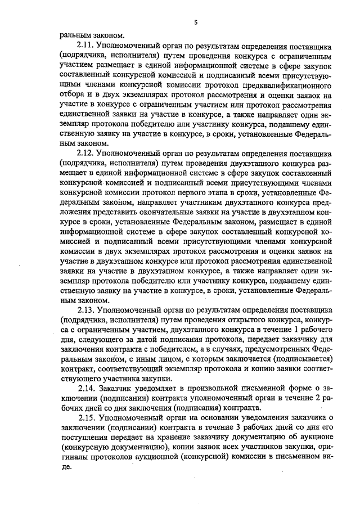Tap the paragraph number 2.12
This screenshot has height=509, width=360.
(x=86, y=152)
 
